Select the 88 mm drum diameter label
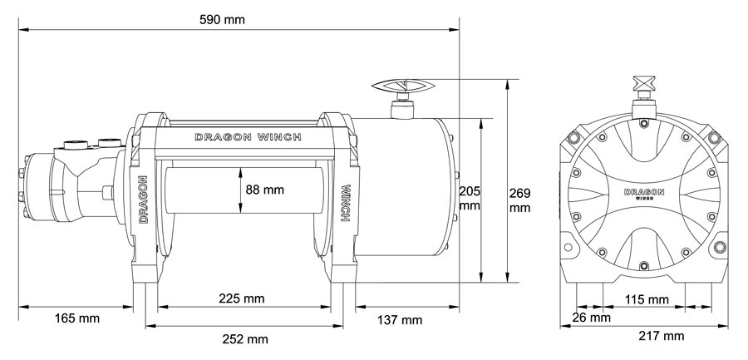tap(265, 190)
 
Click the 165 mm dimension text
tap(72, 319)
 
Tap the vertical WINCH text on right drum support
tap(344, 201)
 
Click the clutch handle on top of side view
tap(403, 87)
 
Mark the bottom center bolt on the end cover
tap(645, 267)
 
